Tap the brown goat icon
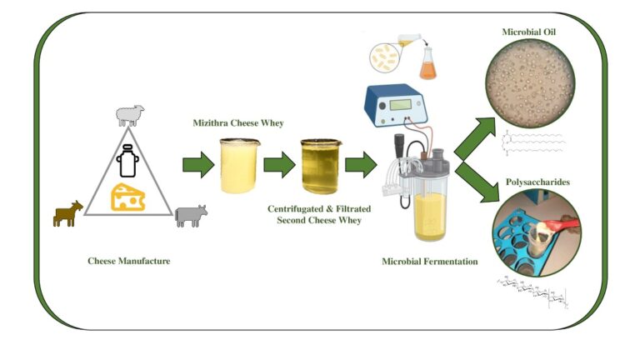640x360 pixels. (67, 213)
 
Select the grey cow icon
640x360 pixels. (190, 216)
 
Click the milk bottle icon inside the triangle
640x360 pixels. (128, 160)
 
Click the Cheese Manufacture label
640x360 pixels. (129, 261)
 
